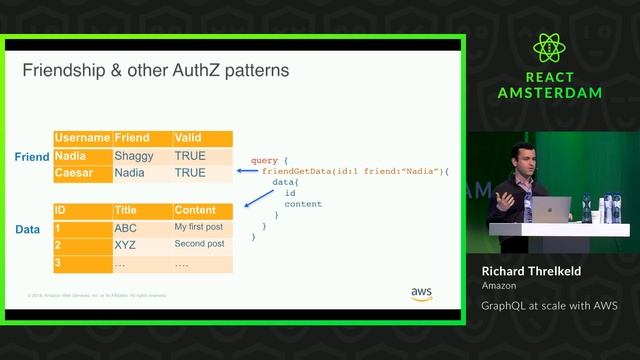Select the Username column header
(x=82, y=138)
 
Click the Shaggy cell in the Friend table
(x=133, y=156)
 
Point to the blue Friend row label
(x=32, y=157)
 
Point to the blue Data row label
(x=28, y=229)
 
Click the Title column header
(x=126, y=211)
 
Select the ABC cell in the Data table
(x=125, y=228)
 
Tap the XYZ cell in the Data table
(x=125, y=245)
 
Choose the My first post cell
(x=199, y=228)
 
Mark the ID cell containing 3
(x=59, y=263)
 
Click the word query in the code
(x=265, y=160)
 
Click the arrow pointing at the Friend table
(x=247, y=172)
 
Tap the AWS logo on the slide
(x=421, y=294)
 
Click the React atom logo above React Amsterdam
(x=550, y=48)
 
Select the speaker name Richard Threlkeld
(x=532, y=271)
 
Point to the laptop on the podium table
(x=550, y=209)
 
